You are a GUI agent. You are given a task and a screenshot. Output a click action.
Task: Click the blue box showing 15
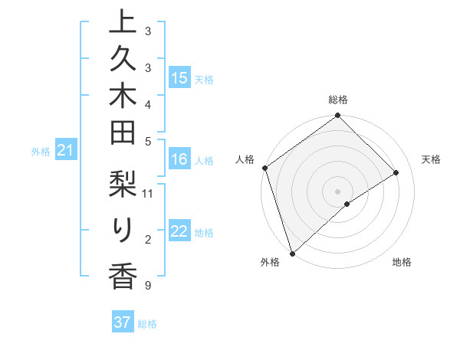pyautogui.click(x=179, y=78)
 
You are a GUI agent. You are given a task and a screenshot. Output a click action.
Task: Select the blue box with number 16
pyautogui.click(x=179, y=159)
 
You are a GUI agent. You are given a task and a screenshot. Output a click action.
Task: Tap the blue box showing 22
pyautogui.click(x=179, y=232)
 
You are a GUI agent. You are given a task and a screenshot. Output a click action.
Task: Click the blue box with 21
pyautogui.click(x=65, y=151)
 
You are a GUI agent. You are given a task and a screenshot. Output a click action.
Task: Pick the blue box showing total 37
pyautogui.click(x=123, y=322)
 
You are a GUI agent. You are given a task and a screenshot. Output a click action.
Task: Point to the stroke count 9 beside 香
pyautogui.click(x=146, y=286)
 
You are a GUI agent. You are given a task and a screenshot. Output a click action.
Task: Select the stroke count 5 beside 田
pyautogui.click(x=147, y=141)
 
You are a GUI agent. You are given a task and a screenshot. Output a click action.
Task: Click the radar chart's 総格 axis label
pyautogui.click(x=337, y=100)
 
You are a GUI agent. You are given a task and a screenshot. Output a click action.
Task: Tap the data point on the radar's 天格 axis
pyautogui.click(x=396, y=172)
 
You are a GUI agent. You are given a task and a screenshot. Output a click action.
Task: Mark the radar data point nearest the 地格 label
pyautogui.click(x=347, y=204)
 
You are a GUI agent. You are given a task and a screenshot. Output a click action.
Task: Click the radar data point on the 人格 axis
pyautogui.click(x=264, y=168)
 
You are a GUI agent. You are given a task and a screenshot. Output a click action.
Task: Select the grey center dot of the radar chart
pyautogui.click(x=337, y=191)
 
